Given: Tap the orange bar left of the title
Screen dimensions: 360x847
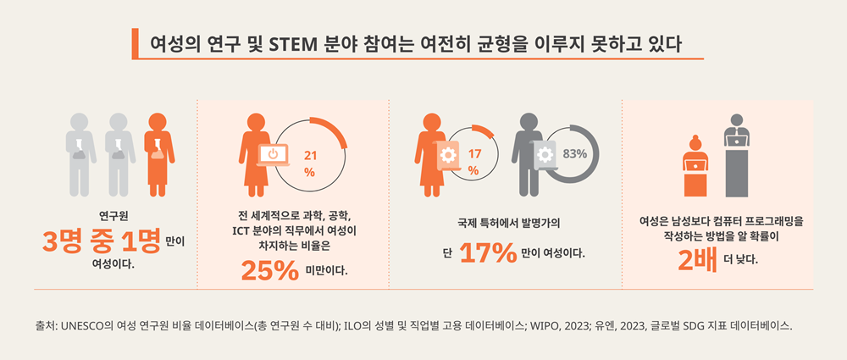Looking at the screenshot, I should click(135, 42).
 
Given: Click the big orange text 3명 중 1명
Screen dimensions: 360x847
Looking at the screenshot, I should click(102, 243).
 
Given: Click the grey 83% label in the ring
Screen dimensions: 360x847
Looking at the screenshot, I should click(575, 153).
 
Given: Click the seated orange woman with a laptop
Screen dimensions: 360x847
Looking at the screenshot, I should click(696, 165).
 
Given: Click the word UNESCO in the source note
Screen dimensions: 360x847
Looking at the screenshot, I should click(88, 325).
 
